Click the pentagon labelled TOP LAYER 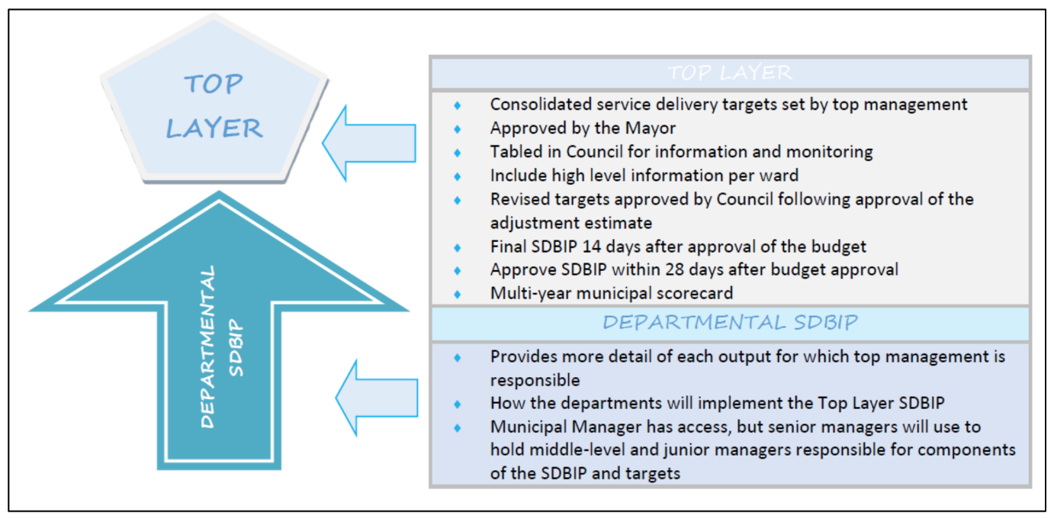(x=214, y=107)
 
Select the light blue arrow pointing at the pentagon (x=371, y=143)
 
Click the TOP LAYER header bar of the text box (x=730, y=73)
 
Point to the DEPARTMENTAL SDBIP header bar (x=730, y=323)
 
